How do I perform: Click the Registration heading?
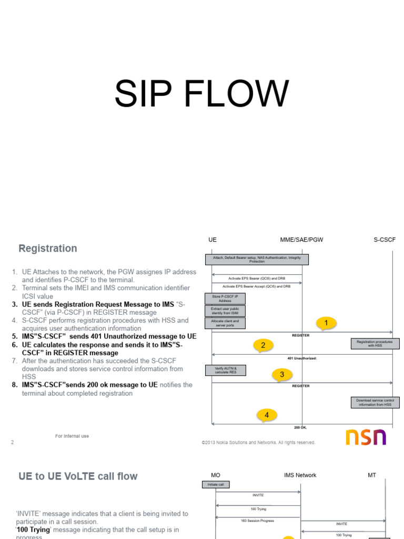point(48,248)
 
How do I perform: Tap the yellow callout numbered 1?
point(326,323)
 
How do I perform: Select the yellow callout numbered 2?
point(263,345)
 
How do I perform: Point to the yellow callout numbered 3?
point(281,374)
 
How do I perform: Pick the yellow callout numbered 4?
point(267,415)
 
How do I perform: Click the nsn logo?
point(366,437)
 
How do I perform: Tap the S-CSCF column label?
point(385,239)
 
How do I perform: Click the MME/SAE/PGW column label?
point(301,239)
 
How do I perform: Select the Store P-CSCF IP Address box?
point(225,298)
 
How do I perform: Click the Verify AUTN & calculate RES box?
point(225,370)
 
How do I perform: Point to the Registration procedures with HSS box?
point(375,344)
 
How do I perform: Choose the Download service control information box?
point(375,403)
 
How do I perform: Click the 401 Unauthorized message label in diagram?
point(302,358)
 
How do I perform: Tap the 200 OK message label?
point(300,427)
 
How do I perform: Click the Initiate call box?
point(216,485)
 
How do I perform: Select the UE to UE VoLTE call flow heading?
point(78,476)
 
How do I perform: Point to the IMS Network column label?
point(300,475)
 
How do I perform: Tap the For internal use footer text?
point(72,436)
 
